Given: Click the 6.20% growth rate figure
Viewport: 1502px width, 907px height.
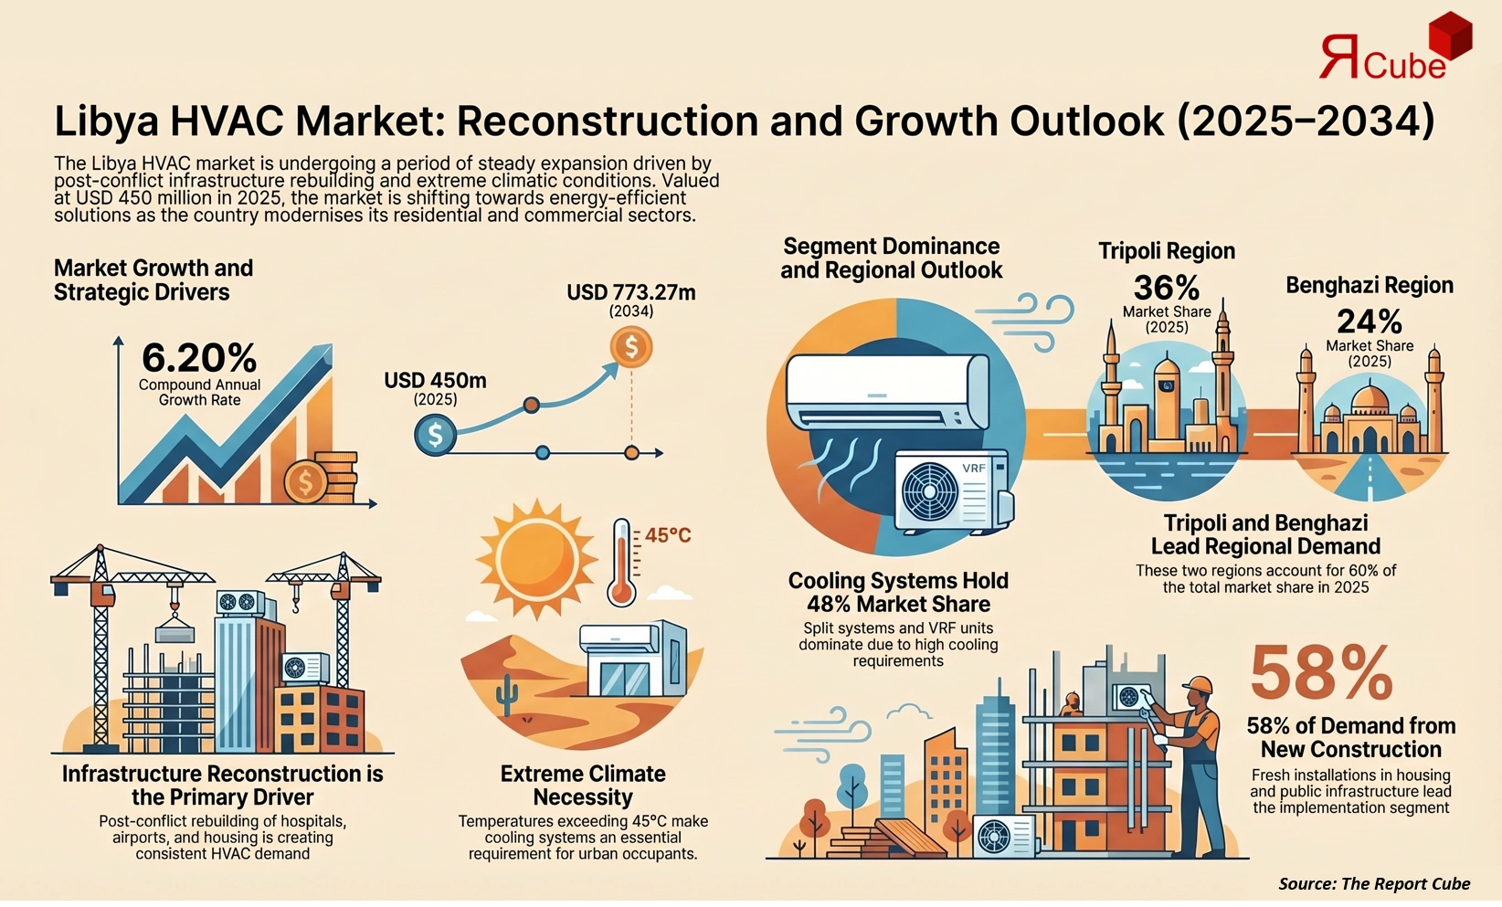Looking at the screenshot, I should (199, 357).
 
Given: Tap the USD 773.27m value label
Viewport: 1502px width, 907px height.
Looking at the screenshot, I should (630, 292).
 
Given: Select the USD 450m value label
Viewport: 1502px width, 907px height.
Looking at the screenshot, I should (435, 380).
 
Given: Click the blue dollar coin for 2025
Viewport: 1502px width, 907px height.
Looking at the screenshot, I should (436, 435).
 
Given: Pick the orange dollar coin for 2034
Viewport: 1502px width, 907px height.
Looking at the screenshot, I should (631, 347).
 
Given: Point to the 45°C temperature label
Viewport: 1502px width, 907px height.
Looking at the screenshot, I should (668, 535).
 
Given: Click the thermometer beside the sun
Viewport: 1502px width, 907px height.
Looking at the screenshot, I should (622, 562).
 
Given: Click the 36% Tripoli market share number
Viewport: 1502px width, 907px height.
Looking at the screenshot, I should (1166, 288).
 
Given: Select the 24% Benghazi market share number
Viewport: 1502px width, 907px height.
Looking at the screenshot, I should (1369, 322).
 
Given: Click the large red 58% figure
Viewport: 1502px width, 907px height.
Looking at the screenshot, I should (1320, 673).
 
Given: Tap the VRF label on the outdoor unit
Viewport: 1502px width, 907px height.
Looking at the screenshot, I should (974, 469).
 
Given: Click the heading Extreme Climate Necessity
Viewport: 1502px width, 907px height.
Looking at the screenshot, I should (583, 786).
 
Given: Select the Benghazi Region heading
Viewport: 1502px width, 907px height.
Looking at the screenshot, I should (1369, 285).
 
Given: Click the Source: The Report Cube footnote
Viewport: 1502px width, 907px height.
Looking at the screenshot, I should (1373, 883).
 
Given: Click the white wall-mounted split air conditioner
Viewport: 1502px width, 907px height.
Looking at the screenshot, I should (887, 393).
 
